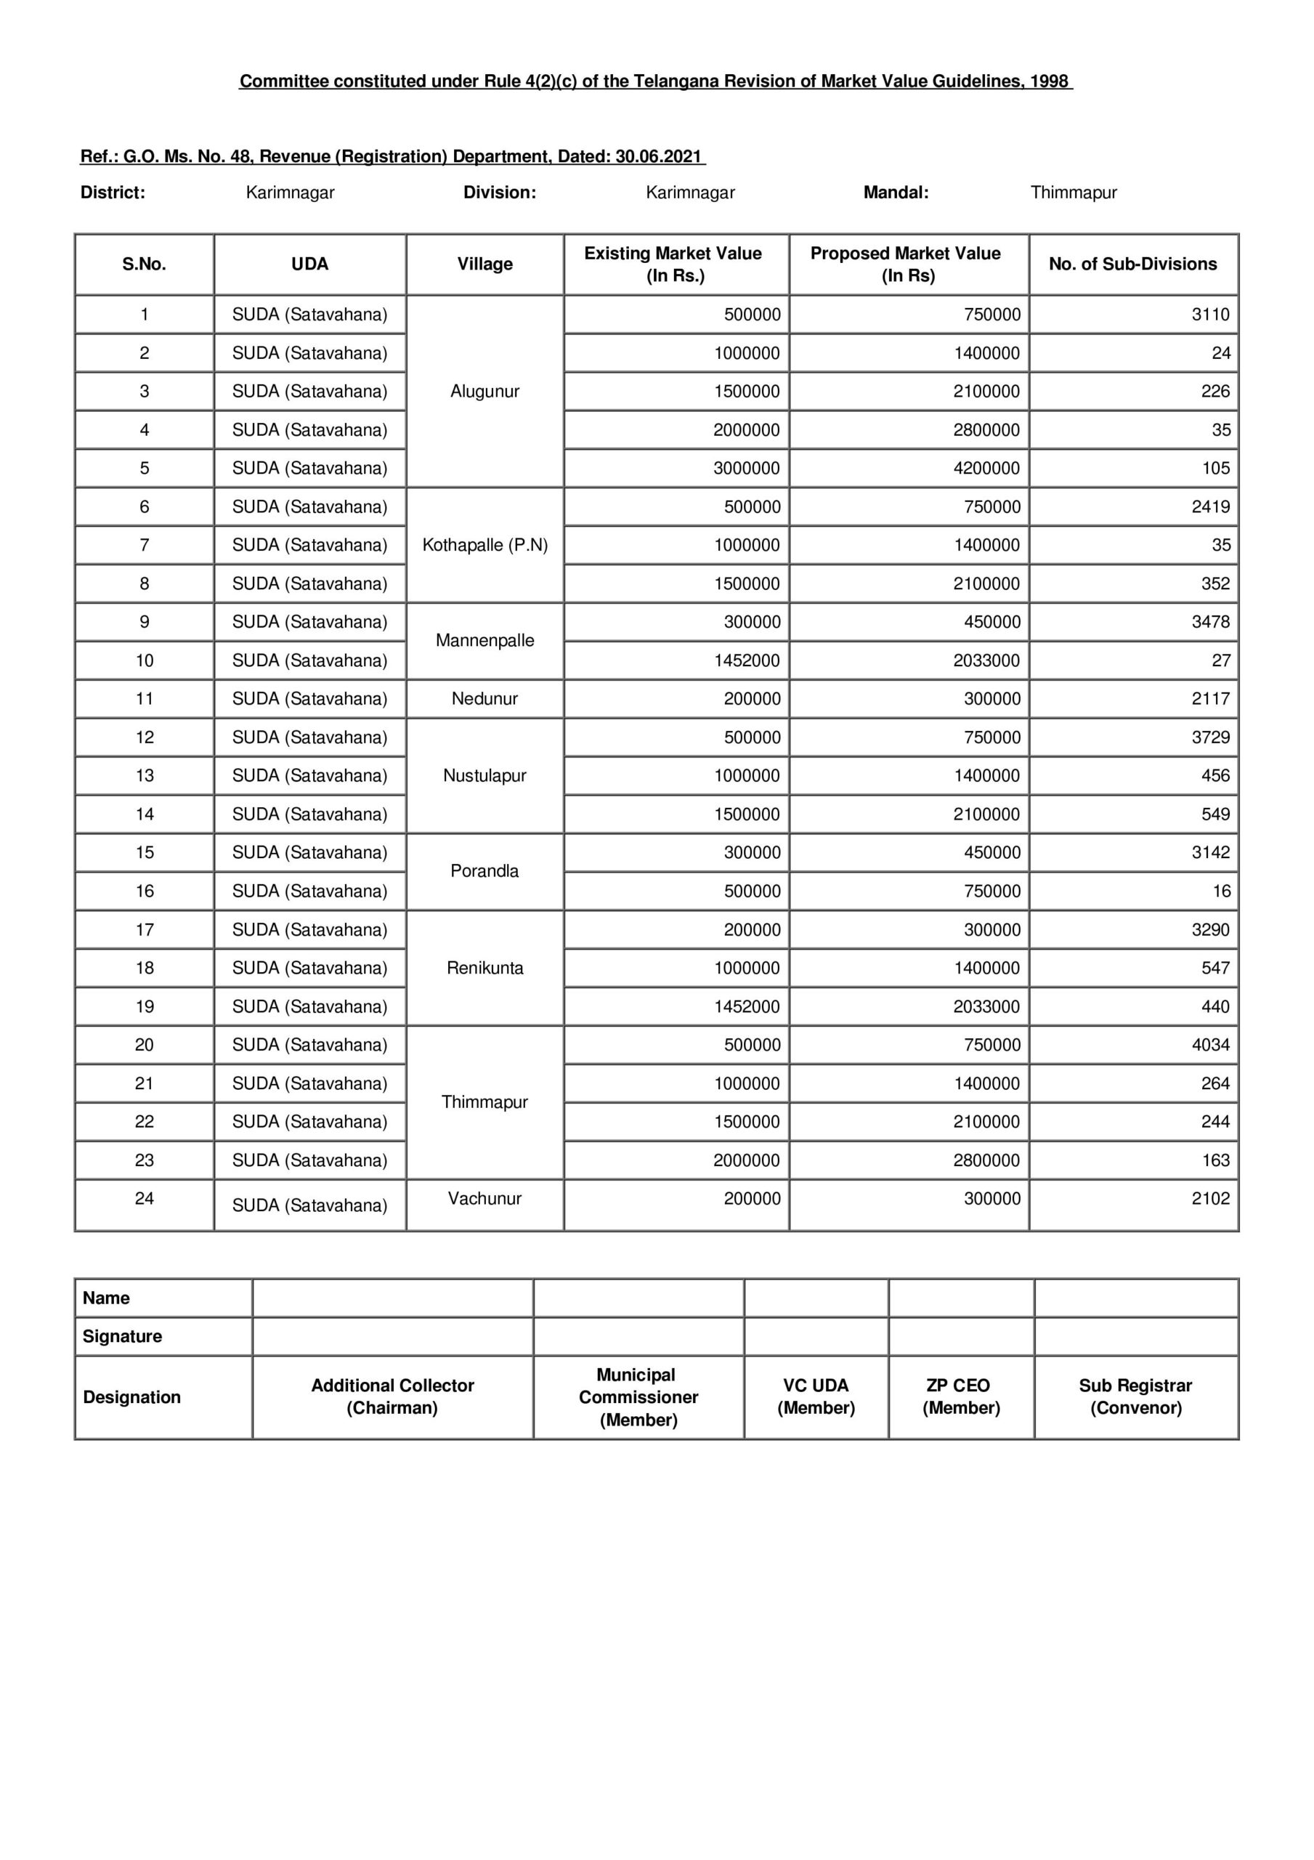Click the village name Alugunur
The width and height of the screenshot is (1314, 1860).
[x=484, y=392]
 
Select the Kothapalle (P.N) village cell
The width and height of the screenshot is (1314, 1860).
[x=484, y=545]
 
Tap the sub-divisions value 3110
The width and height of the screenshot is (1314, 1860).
[x=1209, y=315]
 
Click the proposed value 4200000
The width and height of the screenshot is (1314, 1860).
[x=986, y=468]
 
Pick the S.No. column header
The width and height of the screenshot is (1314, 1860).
[x=145, y=264]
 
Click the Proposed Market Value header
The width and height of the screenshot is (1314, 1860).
[x=907, y=264]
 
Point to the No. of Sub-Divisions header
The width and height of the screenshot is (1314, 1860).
[x=1132, y=264]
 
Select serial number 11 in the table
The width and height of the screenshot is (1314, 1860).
[x=145, y=698]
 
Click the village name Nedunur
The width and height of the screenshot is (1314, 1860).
[x=484, y=698]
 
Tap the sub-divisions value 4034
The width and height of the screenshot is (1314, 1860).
[x=1209, y=1045]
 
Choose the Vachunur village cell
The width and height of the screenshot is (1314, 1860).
[x=484, y=1198]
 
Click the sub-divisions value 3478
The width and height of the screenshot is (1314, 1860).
[x=1209, y=622]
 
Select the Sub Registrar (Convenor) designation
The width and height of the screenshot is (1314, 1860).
[x=1135, y=1396]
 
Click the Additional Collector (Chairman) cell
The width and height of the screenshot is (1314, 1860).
[x=392, y=1396]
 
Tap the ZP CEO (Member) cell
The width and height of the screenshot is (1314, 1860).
[x=961, y=1396]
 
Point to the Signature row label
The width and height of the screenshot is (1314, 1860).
[x=122, y=1337]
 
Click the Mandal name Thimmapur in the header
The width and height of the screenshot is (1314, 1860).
[x=1074, y=193]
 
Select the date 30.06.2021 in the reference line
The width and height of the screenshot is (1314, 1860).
[x=658, y=156]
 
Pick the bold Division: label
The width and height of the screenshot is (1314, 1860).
[x=499, y=193]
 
